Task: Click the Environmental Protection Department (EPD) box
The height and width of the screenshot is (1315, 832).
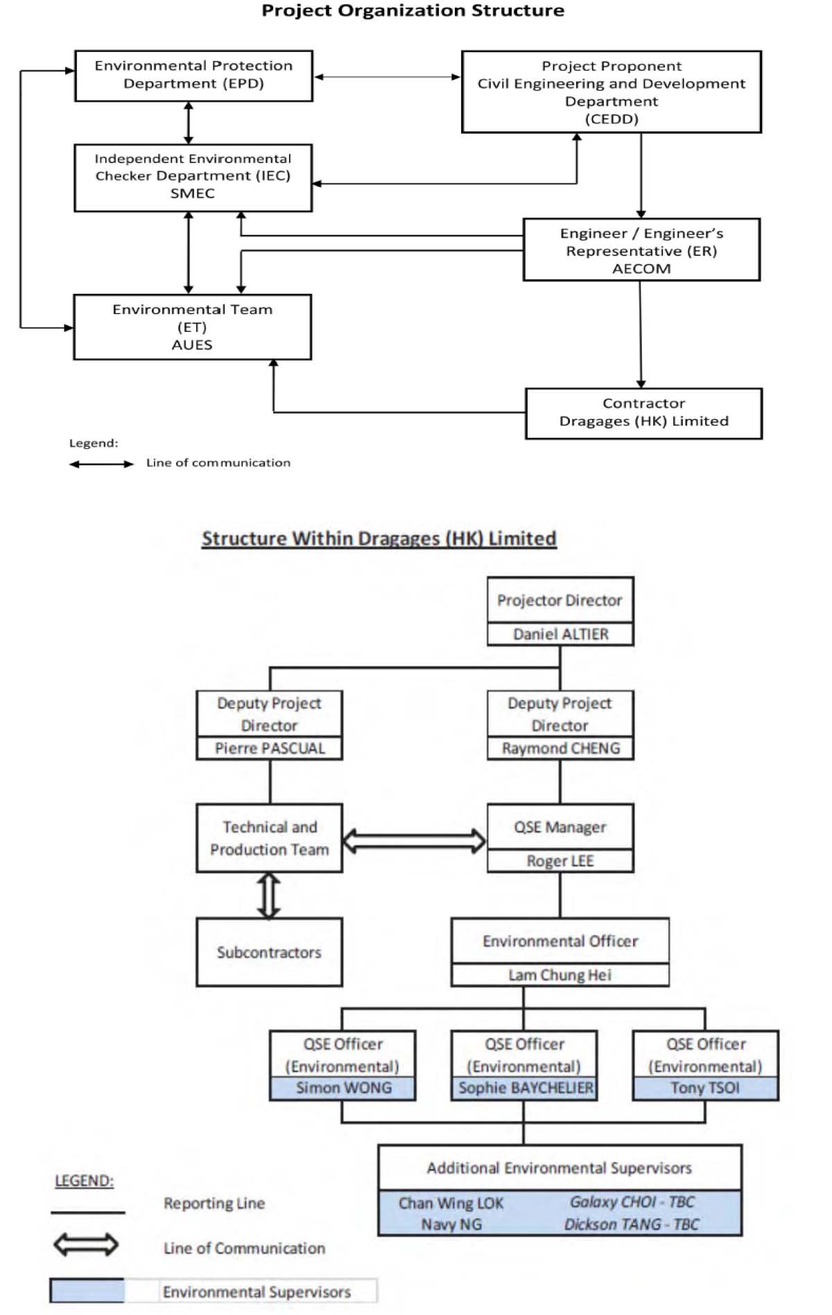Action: click(x=193, y=76)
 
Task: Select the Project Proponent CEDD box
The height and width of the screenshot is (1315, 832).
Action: click(x=612, y=91)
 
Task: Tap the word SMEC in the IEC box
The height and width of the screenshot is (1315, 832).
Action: click(x=193, y=193)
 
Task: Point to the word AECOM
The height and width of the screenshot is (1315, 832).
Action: click(x=641, y=269)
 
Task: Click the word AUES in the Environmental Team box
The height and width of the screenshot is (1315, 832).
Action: click(x=192, y=345)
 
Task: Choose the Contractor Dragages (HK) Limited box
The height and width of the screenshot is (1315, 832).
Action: click(x=643, y=413)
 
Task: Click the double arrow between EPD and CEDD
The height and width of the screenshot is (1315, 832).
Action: click(x=387, y=77)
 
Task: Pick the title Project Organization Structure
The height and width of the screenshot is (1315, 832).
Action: click(x=413, y=10)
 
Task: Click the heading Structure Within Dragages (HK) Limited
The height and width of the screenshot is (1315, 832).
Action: click(x=379, y=538)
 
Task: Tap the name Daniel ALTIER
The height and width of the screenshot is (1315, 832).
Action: click(x=561, y=634)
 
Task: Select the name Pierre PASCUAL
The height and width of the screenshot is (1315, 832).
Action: click(x=270, y=748)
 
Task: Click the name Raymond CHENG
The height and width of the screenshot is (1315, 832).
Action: click(x=561, y=748)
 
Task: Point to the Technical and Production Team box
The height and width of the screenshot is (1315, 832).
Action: click(x=270, y=838)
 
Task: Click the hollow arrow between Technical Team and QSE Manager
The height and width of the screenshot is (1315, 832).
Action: click(x=415, y=840)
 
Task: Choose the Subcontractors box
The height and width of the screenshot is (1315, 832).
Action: click(x=270, y=952)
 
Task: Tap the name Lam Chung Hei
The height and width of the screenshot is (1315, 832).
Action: click(x=560, y=975)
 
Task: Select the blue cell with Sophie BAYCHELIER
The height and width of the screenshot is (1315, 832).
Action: click(x=525, y=1088)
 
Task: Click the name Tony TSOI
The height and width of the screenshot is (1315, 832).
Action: click(x=705, y=1088)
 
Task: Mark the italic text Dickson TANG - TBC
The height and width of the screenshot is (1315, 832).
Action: click(x=632, y=1224)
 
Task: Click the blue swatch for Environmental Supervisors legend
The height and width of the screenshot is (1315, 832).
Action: click(x=87, y=1291)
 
